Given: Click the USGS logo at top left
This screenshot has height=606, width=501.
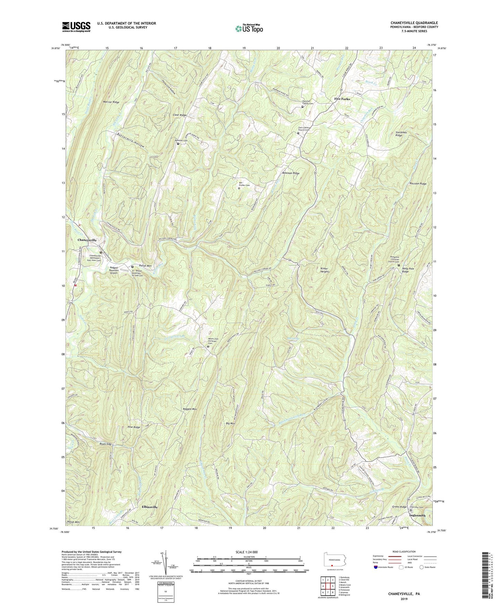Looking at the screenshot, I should pyautogui.click(x=76, y=27).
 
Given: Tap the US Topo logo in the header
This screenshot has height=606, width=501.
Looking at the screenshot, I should pyautogui.click(x=249, y=28).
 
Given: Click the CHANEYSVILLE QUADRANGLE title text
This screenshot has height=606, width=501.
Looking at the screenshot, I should pyautogui.click(x=414, y=23).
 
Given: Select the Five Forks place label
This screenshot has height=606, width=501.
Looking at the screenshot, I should pyautogui.click(x=342, y=99).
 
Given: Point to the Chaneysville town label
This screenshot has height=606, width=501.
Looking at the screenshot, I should pyautogui.click(x=87, y=240).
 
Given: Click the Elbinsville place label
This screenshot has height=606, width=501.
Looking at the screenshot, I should pyautogui.click(x=149, y=507).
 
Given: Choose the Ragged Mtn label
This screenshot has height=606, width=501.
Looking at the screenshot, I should pyautogui.click(x=190, y=409).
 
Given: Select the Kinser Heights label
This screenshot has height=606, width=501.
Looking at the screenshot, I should pyautogui.click(x=323, y=270).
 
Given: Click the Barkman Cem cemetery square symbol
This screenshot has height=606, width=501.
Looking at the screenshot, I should pyautogui.click(x=178, y=144).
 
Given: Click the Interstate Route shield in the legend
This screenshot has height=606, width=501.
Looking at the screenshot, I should pyautogui.click(x=376, y=567).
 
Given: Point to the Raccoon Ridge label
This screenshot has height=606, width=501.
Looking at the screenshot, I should pyautogui.click(x=418, y=184).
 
